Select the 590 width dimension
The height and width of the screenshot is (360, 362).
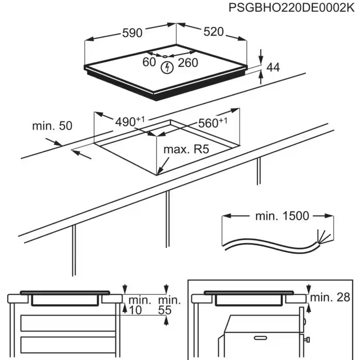pyautogui.click(x=132, y=33)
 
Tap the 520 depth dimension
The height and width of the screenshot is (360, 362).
pyautogui.click(x=213, y=32)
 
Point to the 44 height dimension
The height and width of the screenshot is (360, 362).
pyautogui.click(x=273, y=67)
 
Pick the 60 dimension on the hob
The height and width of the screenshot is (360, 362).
pyautogui.click(x=149, y=62)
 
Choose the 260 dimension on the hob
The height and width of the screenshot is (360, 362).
pyautogui.click(x=188, y=62)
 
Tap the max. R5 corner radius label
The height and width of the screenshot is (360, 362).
pyautogui.click(x=186, y=150)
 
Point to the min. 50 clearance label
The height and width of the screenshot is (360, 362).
pyautogui.click(x=52, y=126)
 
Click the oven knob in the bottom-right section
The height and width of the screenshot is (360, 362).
pyautogui.click(x=307, y=339)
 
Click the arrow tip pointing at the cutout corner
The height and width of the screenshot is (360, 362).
pyautogui.click(x=158, y=173)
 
